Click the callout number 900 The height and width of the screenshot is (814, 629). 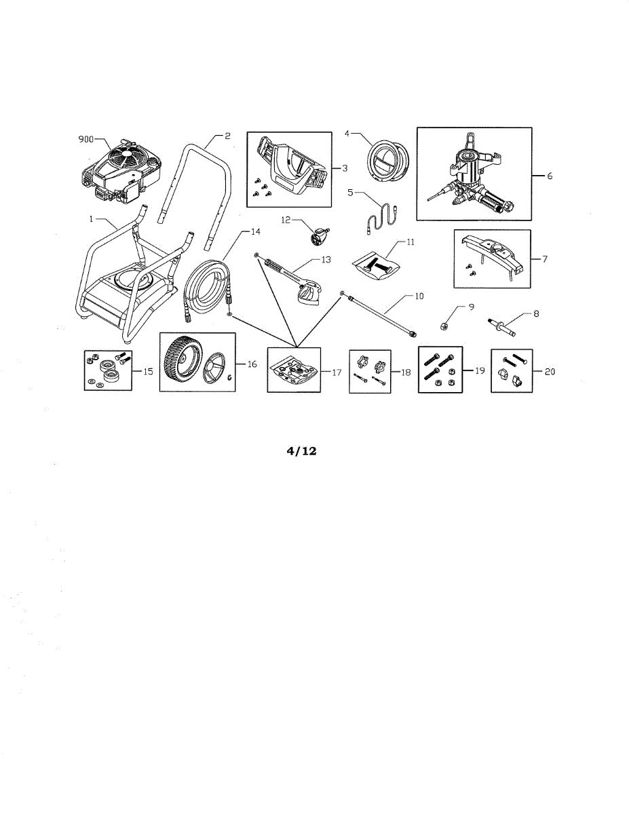pyautogui.click(x=86, y=139)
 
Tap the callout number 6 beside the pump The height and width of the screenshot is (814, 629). pyautogui.click(x=550, y=176)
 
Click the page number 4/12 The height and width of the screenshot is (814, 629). pyautogui.click(x=299, y=450)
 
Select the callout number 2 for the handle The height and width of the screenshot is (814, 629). pyautogui.click(x=228, y=136)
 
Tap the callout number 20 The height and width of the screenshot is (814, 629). pyautogui.click(x=550, y=372)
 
